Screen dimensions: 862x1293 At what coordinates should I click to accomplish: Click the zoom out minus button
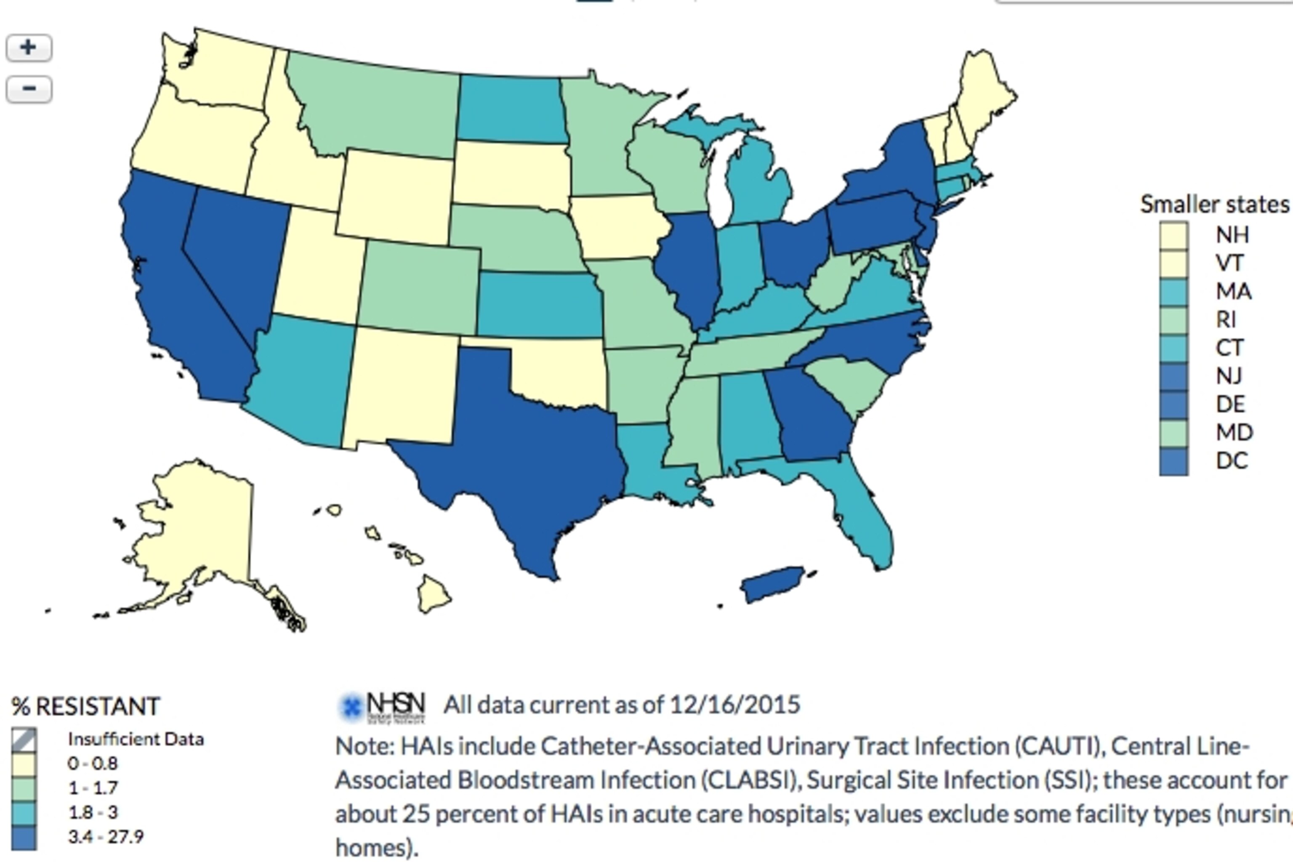(x=29, y=89)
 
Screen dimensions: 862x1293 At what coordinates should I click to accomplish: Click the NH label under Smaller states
(x=1232, y=235)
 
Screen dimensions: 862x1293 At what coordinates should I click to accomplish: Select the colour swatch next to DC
(x=1174, y=461)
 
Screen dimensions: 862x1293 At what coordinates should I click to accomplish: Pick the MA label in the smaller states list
(x=1233, y=291)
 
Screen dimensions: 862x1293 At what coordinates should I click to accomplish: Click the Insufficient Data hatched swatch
(x=24, y=740)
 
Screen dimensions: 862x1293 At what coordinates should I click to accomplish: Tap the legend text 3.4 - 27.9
(x=106, y=837)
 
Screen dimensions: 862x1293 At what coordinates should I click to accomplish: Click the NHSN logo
(x=382, y=706)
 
